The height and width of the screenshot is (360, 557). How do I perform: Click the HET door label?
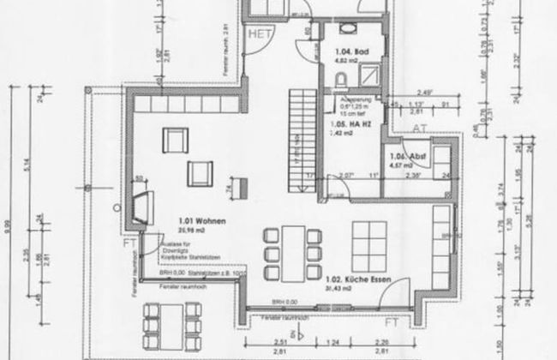point(260,35)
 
